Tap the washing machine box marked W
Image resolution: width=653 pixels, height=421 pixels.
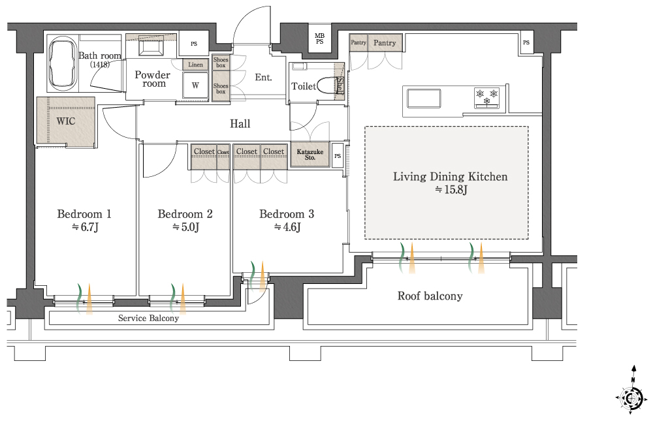tap(195, 85)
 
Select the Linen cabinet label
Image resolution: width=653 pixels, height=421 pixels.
tap(195, 65)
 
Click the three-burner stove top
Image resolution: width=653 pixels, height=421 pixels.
tap(487, 97)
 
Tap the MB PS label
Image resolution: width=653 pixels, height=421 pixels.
tap(319, 39)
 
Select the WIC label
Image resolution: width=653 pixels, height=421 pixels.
tap(66, 121)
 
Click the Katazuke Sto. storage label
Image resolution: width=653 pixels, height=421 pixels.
tap(310, 155)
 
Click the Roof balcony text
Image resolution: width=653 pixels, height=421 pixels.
tap(430, 296)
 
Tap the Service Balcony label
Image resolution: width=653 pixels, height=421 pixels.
tap(148, 318)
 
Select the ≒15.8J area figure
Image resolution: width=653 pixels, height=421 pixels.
tap(451, 190)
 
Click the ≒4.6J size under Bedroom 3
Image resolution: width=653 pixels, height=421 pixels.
tap(287, 227)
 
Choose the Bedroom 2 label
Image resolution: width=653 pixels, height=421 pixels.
tap(185, 214)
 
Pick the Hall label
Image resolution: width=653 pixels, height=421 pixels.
tap(240, 123)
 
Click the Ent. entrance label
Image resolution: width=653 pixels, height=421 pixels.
tap(263, 77)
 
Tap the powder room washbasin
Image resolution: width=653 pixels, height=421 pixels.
tap(151, 47)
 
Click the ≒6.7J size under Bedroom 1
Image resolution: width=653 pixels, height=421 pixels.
tap(85, 227)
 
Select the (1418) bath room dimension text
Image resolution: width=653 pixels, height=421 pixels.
tap(99, 65)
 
